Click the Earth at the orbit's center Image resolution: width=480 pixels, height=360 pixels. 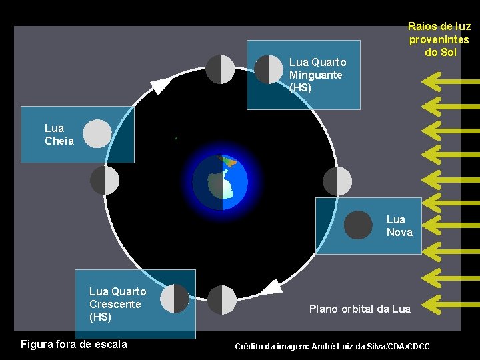click(220, 181)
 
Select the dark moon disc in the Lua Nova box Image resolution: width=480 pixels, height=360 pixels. click(358, 225)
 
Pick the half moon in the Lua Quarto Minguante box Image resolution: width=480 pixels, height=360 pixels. click(269, 69)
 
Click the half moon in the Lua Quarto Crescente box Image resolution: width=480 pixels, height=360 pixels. click(175, 298)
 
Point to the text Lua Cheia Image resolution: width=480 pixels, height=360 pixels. click(59, 134)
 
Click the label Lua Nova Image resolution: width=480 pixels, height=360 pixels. click(399, 225)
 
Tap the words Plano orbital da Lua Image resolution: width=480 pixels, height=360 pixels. click(359, 309)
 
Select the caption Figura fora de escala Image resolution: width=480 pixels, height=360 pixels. click(74, 345)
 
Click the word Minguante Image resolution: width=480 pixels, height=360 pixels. click(315, 75)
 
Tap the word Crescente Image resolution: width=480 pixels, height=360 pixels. click(115, 304)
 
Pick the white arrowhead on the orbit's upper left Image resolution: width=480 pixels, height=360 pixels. click(161, 85)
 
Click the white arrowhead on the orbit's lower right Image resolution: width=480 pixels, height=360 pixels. click(270, 287)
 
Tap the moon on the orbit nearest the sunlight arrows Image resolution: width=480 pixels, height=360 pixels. click(337, 181)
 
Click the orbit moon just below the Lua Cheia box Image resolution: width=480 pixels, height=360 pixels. click(104, 180)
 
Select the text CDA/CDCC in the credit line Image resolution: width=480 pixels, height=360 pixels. click(407, 347)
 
